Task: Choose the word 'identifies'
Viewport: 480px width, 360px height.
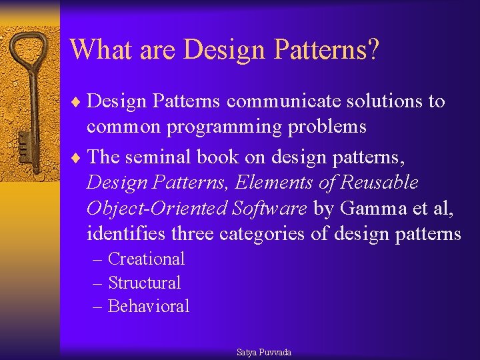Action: [x=126, y=234]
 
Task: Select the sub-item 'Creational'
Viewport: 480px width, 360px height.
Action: [x=146, y=259]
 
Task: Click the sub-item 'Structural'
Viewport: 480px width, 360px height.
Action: [x=144, y=283]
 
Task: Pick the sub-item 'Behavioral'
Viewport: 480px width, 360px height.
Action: [x=149, y=307]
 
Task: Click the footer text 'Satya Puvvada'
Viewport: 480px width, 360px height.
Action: [x=264, y=352]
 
